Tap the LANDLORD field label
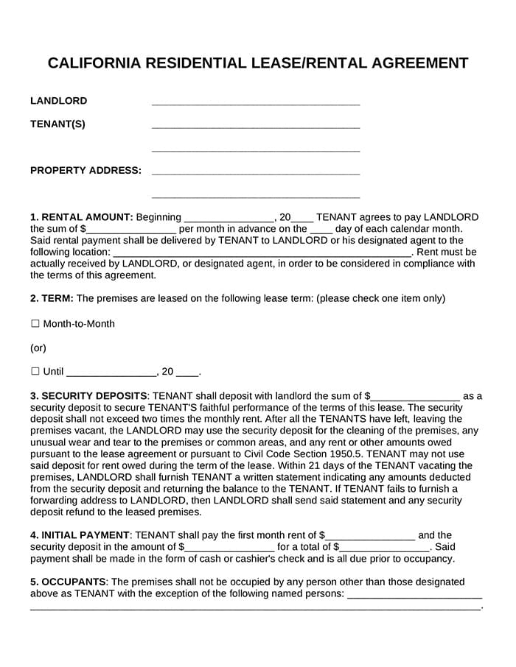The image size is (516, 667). pyautogui.click(x=58, y=101)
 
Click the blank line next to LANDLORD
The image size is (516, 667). pyautogui.click(x=255, y=104)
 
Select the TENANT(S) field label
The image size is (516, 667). pyautogui.click(x=57, y=124)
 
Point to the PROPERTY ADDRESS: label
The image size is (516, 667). pyautogui.click(x=86, y=170)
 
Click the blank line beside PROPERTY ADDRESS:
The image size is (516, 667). pyautogui.click(x=255, y=174)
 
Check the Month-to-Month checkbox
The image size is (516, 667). pyautogui.click(x=35, y=324)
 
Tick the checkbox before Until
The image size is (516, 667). pyautogui.click(x=35, y=372)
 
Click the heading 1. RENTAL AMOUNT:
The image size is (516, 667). pyautogui.click(x=81, y=217)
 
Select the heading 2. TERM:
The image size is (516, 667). pyautogui.click(x=52, y=298)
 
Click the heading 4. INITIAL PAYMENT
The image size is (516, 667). pyautogui.click(x=80, y=535)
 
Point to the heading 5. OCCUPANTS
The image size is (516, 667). pyautogui.click(x=69, y=582)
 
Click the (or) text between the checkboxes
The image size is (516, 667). pyautogui.click(x=38, y=347)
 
